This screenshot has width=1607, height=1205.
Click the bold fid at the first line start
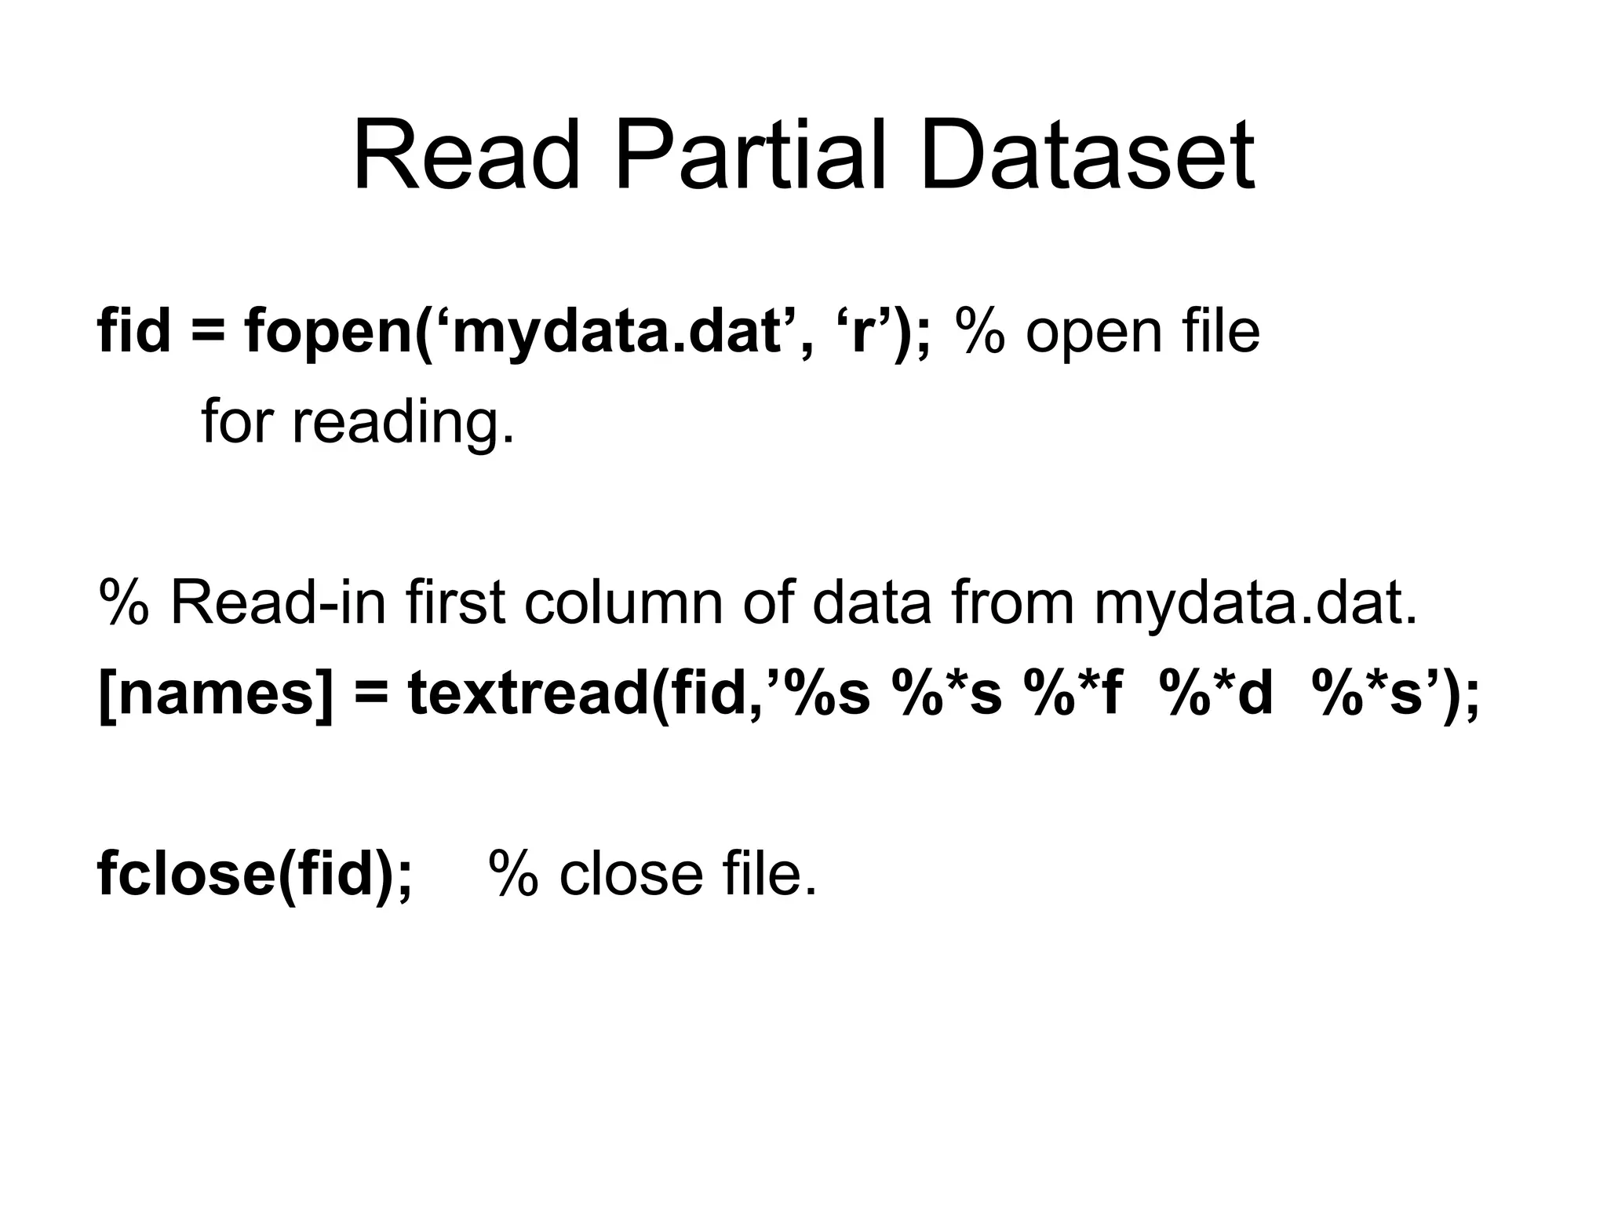point(133,331)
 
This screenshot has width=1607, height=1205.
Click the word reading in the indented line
point(403,422)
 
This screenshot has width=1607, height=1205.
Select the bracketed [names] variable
point(216,695)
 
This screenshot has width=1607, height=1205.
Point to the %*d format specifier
point(1220,695)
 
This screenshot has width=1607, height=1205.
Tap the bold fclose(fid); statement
point(254,874)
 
